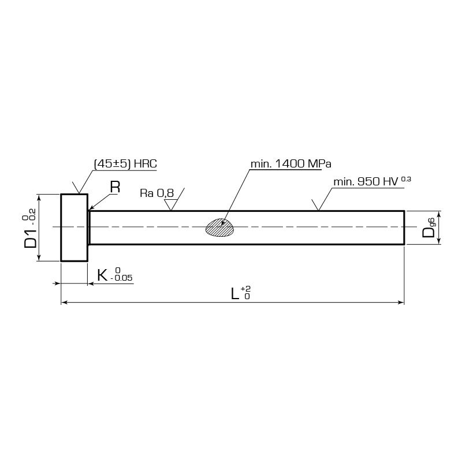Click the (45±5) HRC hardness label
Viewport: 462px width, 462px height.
point(125,164)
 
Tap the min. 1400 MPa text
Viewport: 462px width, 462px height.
point(291,164)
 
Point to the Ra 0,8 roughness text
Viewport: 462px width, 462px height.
point(157,193)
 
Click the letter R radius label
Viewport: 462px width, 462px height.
point(115,187)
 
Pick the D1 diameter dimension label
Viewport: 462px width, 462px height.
point(30,228)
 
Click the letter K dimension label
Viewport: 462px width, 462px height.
point(102,275)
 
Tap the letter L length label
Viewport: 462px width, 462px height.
point(234,293)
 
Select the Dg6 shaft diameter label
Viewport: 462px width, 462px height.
point(429,228)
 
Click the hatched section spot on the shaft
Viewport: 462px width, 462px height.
point(220,227)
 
